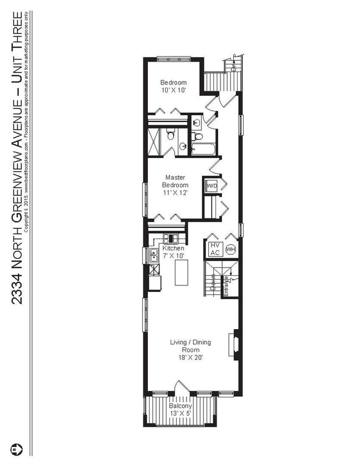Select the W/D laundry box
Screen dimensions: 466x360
click(x=211, y=186)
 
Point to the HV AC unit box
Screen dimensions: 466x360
click(x=214, y=249)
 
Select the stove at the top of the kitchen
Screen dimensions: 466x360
click(x=168, y=239)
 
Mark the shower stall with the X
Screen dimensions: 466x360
click(x=157, y=141)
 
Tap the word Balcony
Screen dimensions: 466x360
click(x=181, y=406)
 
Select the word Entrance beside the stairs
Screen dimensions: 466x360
click(x=226, y=286)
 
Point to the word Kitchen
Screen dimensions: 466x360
click(x=173, y=248)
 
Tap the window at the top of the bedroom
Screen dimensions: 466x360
click(x=174, y=59)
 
